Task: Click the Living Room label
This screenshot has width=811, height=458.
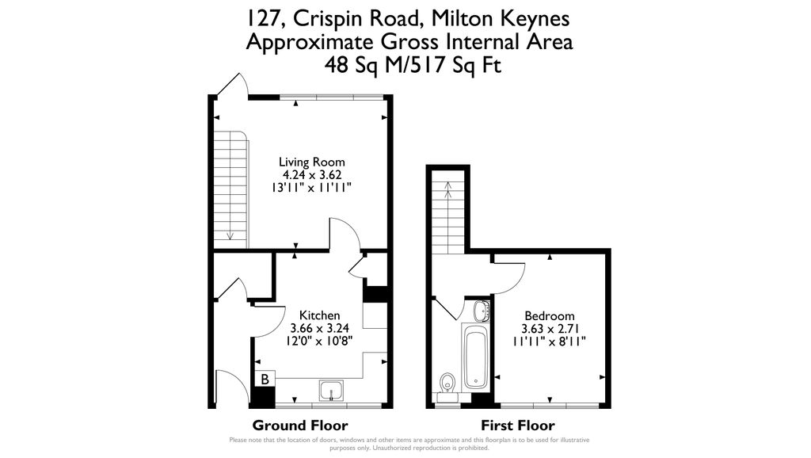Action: coord(317,162)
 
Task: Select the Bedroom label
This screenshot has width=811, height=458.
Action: coord(548,315)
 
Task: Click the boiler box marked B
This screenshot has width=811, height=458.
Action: coord(265,380)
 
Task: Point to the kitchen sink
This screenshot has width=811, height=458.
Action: coord(332,390)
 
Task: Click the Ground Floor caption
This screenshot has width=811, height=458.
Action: coord(299,426)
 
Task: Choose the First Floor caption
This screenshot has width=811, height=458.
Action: coord(518,426)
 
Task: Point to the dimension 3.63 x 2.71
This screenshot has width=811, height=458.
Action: coord(548,328)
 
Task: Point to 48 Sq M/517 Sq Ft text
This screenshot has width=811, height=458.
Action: coord(413,66)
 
